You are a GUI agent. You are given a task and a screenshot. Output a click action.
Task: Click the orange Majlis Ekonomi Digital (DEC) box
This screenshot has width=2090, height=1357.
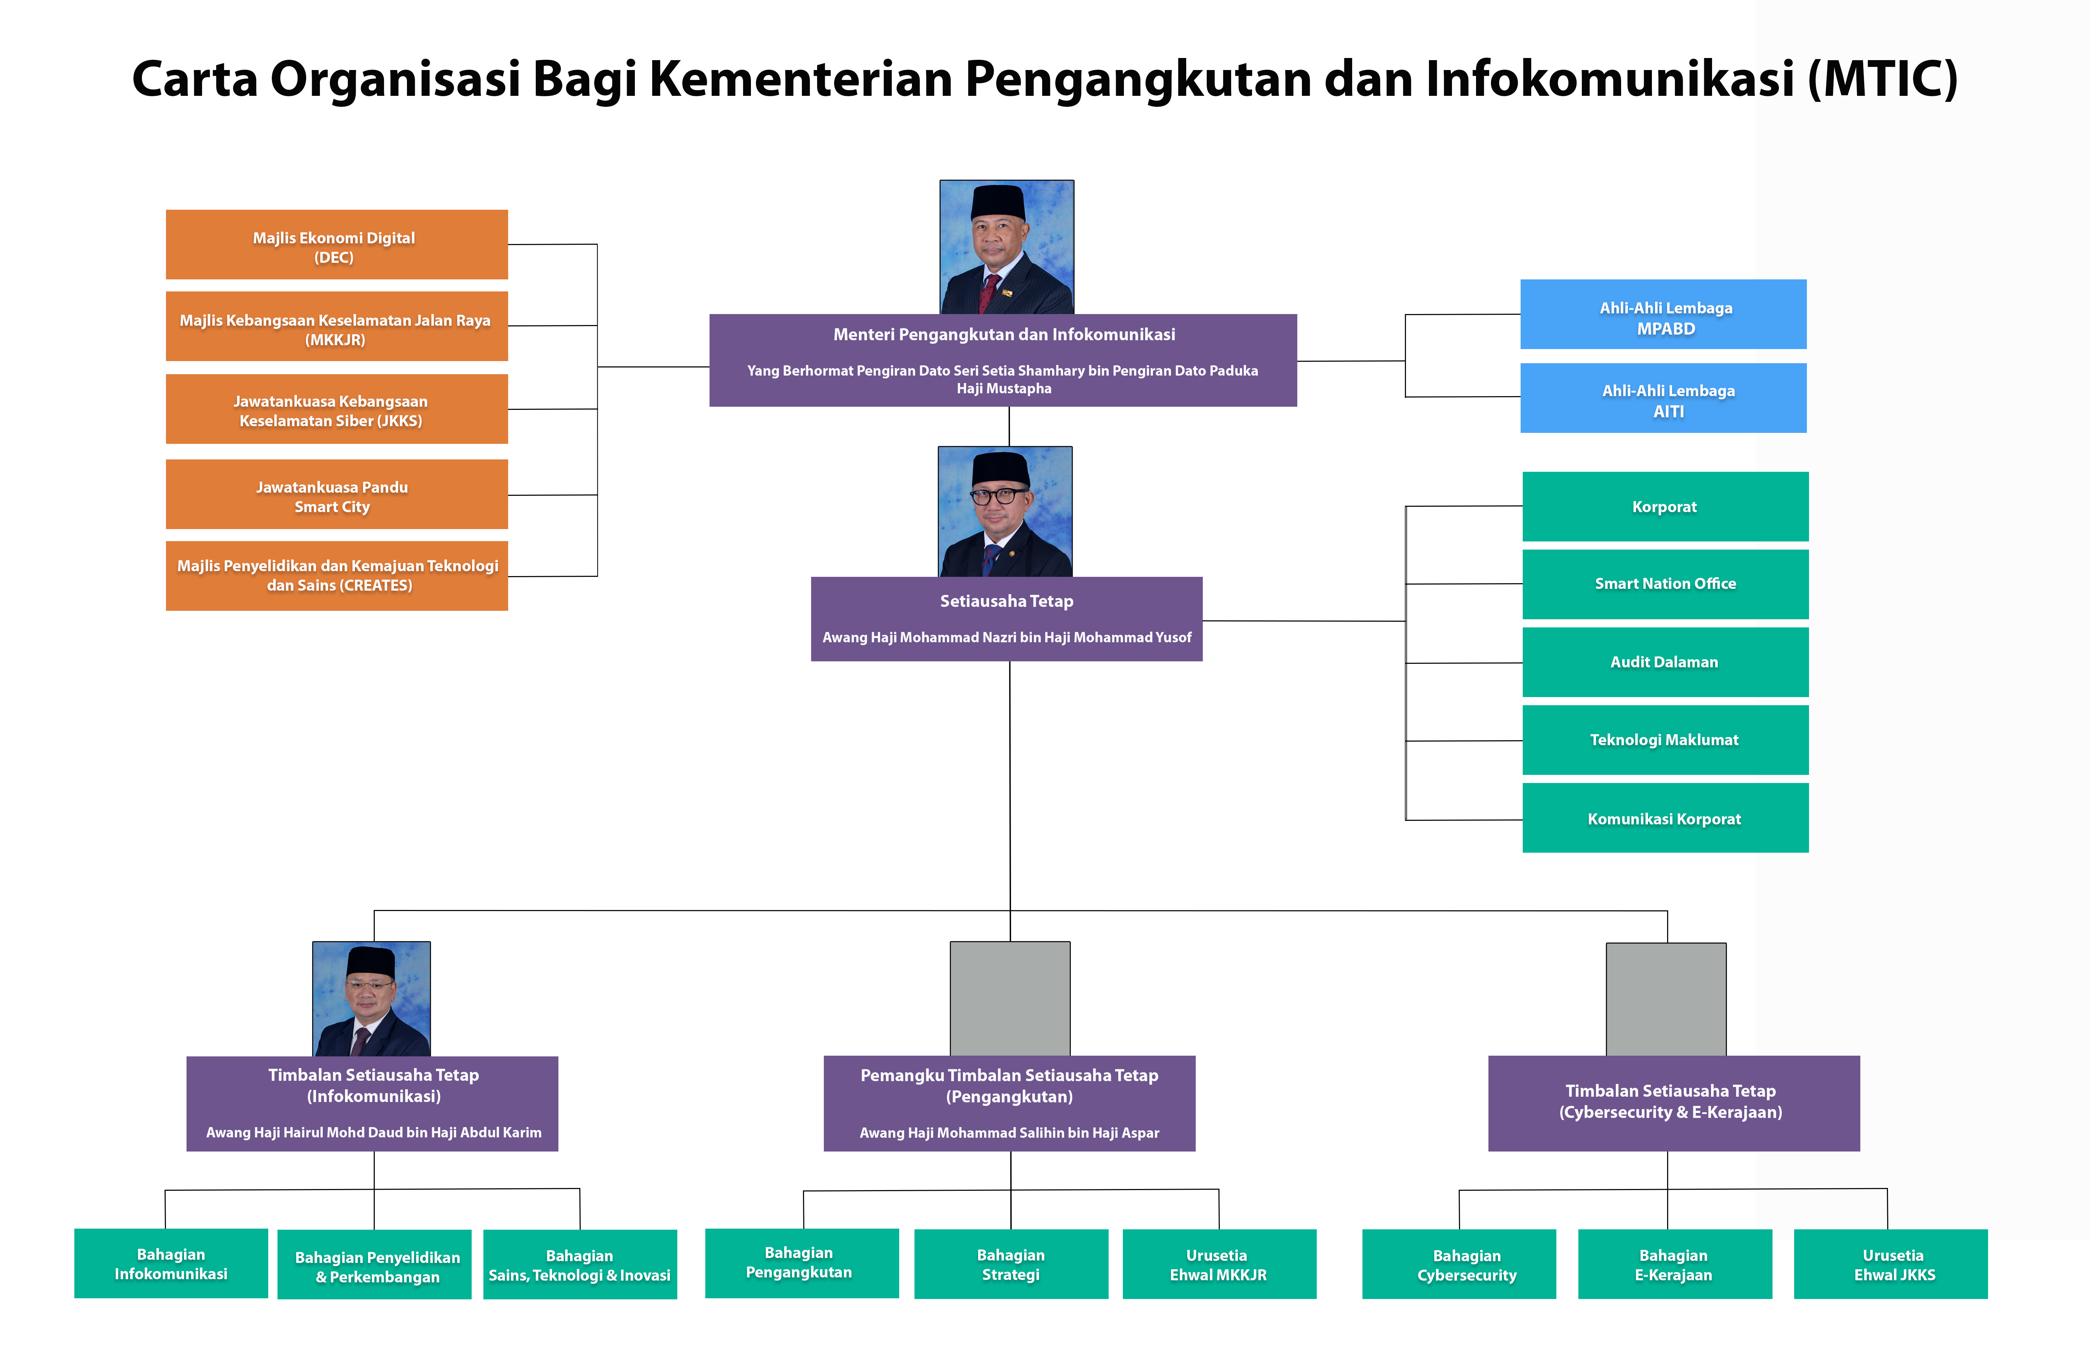click(336, 244)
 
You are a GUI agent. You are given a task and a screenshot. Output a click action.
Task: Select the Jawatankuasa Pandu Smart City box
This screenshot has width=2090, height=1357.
click(336, 494)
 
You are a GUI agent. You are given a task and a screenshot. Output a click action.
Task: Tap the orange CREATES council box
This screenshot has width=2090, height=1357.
click(336, 576)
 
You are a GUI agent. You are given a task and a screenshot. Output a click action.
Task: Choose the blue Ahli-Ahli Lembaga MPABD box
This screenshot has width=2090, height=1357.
click(1663, 314)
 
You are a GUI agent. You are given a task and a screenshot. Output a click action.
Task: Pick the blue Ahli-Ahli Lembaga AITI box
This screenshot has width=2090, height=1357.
click(1663, 398)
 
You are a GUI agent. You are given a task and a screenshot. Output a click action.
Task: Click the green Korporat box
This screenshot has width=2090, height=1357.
click(1665, 506)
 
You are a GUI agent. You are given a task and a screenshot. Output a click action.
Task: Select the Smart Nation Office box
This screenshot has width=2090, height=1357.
click(1665, 584)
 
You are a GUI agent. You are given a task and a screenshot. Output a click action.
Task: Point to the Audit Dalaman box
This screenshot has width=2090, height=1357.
click(1665, 662)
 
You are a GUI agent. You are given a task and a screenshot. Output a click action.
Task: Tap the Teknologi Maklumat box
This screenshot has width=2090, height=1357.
click(1665, 740)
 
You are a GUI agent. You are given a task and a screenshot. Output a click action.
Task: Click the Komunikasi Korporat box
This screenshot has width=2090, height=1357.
click(1665, 818)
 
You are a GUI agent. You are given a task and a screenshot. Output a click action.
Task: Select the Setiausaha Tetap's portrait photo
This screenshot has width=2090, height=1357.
click(1005, 512)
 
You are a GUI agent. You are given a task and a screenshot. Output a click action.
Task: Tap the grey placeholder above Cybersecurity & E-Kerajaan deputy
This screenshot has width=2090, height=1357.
click(1666, 999)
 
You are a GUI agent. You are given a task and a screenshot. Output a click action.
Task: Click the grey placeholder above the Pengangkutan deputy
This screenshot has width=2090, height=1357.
click(1010, 999)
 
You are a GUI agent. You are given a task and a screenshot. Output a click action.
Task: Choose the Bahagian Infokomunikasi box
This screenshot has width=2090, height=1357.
click(171, 1263)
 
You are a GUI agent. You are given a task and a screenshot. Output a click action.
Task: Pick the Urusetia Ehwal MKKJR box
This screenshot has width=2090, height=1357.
click(1219, 1264)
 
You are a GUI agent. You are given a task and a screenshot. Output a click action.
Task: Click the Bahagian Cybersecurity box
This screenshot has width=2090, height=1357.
click(1459, 1264)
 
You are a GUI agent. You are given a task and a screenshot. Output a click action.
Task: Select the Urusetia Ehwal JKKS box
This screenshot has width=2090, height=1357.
click(1891, 1264)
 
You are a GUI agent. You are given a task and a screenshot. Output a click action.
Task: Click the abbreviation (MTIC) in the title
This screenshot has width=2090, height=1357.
click(1883, 79)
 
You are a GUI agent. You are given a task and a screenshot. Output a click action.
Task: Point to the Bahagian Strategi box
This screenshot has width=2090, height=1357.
click(1011, 1264)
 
